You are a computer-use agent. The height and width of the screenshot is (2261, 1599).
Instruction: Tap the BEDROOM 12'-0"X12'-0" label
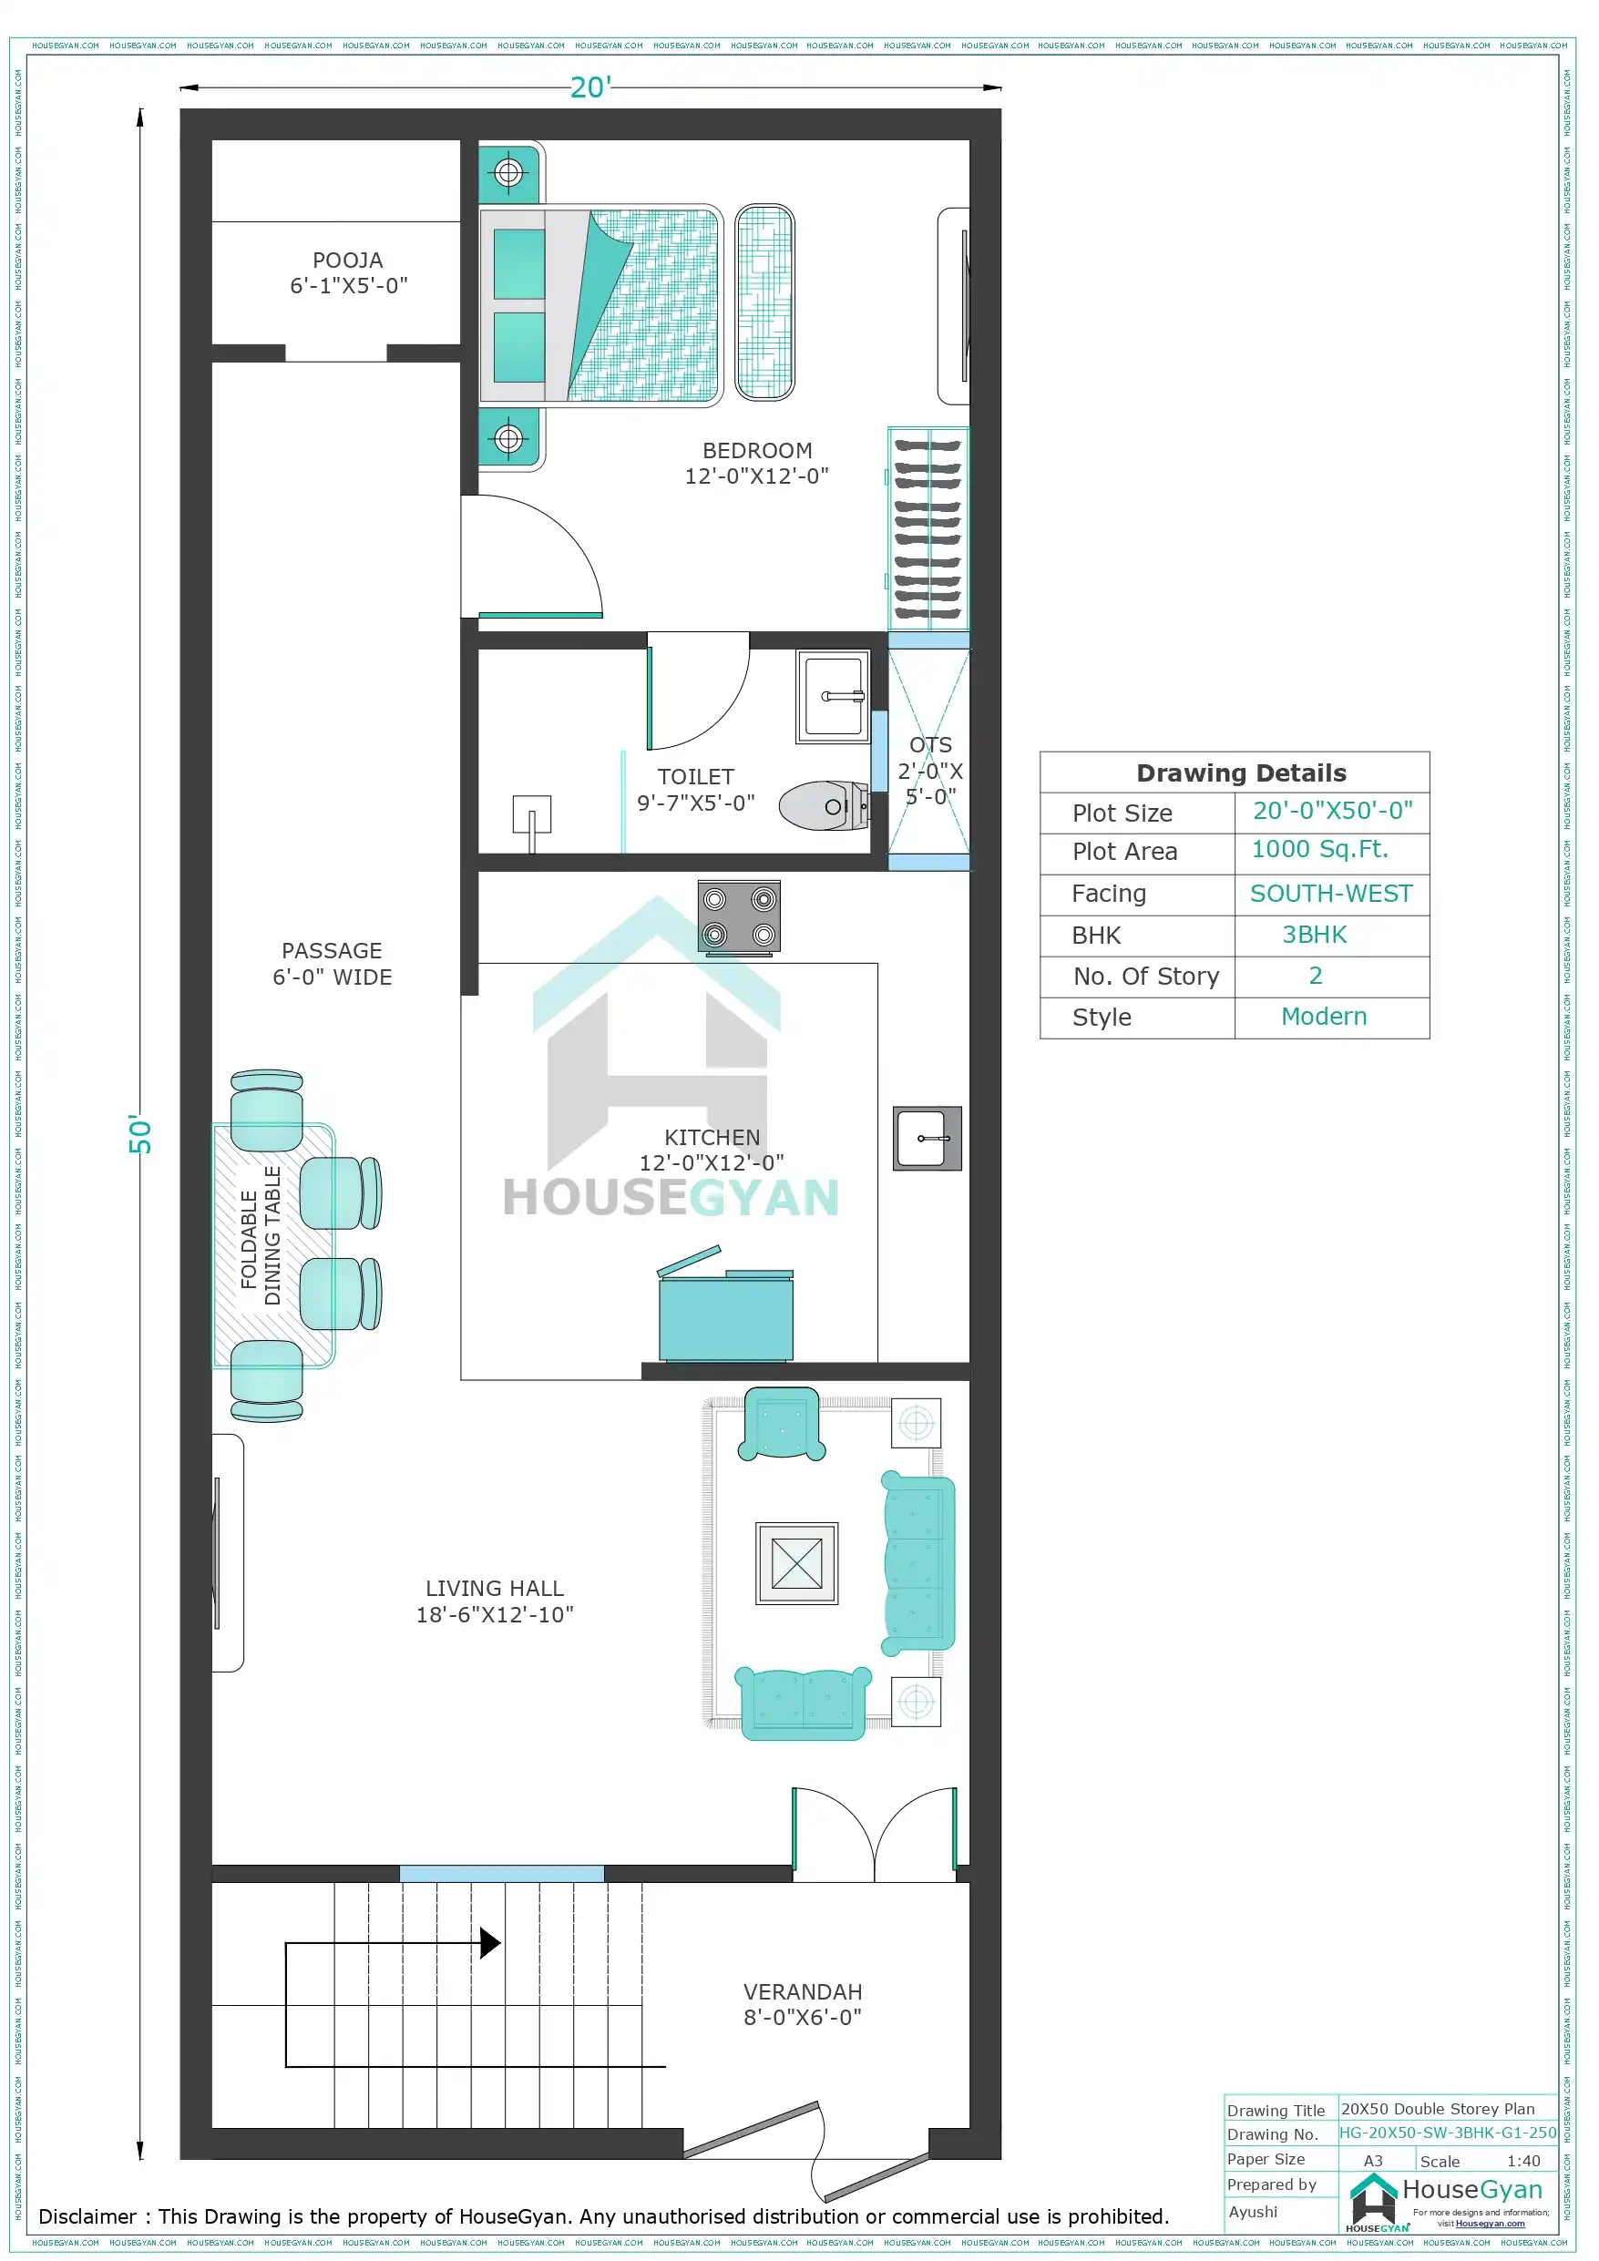coord(756,463)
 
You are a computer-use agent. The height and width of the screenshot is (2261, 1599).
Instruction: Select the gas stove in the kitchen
coord(739,916)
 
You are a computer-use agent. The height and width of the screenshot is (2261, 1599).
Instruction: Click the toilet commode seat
coord(823,805)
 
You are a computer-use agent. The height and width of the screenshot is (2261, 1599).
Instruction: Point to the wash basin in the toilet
coord(833,695)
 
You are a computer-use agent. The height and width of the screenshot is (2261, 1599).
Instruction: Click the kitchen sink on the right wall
coord(926,1138)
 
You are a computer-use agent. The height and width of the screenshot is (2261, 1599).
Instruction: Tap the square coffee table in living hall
coord(796,1563)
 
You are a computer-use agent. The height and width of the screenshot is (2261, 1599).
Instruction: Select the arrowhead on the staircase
coord(489,1942)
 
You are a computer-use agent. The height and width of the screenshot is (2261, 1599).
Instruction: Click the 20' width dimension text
coord(590,87)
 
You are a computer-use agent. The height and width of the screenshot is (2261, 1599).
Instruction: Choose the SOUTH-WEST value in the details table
coord(1330,893)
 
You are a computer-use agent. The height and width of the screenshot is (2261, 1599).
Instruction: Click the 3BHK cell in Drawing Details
coord(1313,935)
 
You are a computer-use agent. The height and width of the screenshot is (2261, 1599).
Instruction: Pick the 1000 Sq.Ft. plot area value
coord(1319,849)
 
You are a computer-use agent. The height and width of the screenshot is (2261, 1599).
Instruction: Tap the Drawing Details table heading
coord(1240,773)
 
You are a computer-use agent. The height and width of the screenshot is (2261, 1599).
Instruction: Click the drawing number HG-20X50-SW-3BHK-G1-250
coord(1447,2132)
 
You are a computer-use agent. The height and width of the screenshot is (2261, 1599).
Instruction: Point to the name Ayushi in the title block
coord(1252,2211)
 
